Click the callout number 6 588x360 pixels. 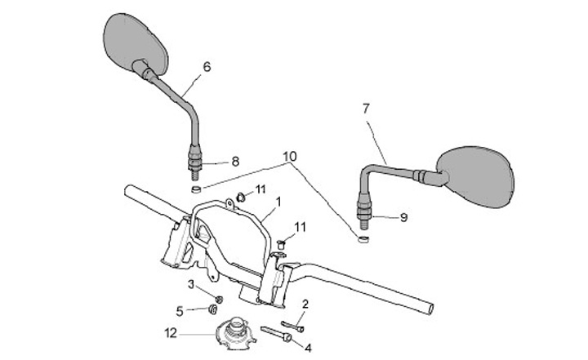pos(206,66)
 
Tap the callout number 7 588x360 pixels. pos(366,107)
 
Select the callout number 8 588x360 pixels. pos(235,162)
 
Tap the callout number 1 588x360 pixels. pos(278,200)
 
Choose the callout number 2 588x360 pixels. pos(305,304)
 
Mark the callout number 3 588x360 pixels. pos(191,283)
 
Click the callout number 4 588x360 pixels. pos(308,347)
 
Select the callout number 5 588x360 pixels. pos(180,309)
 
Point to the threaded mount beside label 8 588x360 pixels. pos(196,163)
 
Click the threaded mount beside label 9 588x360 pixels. pos(363,210)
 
